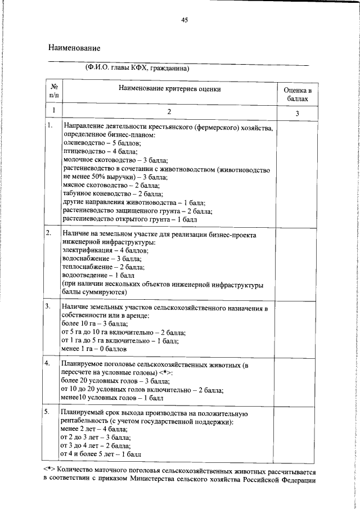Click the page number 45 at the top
(184, 20)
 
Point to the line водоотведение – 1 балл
(98, 276)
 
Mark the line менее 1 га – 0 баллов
(93, 349)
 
